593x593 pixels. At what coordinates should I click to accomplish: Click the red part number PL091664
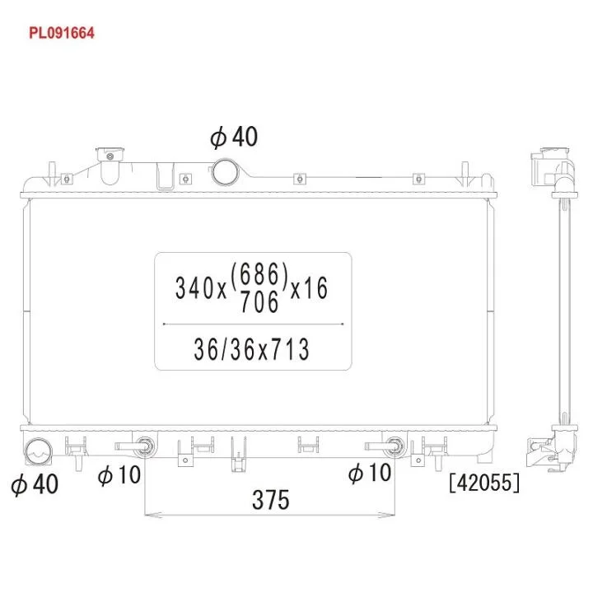pos(61,33)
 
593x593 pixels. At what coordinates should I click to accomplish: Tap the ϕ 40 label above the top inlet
pos(234,137)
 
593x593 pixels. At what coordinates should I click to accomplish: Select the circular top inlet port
pos(226,172)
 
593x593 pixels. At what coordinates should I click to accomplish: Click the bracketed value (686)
pos(259,273)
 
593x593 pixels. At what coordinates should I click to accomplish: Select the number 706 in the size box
pos(259,301)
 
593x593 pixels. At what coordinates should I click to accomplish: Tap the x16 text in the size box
pos(309,288)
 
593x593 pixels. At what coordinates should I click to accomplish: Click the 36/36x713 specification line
pos(251,349)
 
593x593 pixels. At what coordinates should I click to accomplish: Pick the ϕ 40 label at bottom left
pos(35,484)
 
